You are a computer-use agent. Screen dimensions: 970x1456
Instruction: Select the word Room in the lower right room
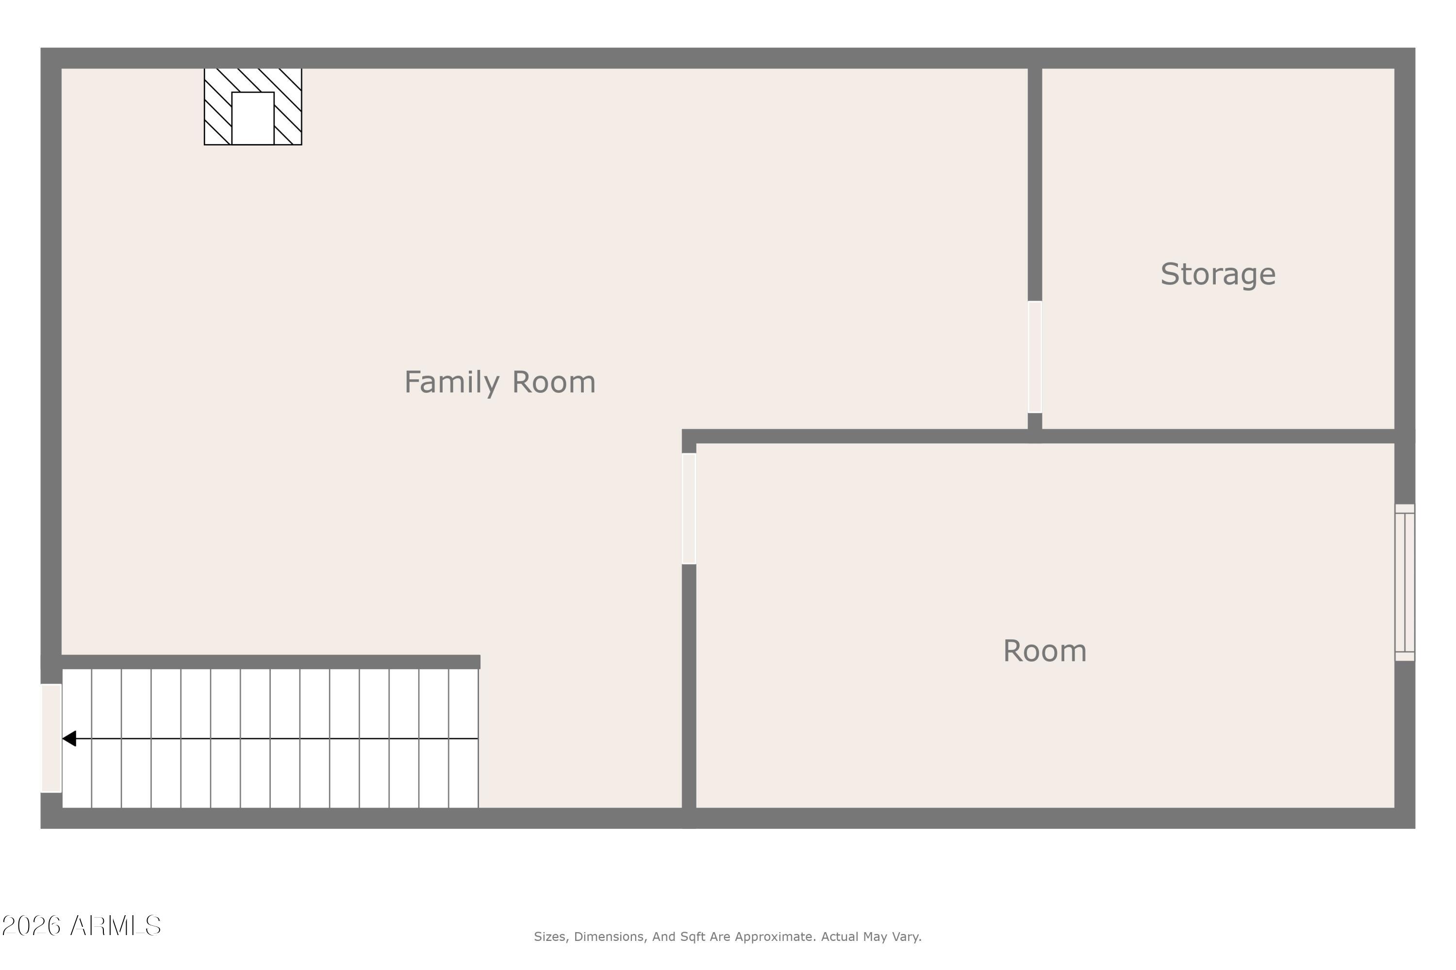[x=1044, y=651]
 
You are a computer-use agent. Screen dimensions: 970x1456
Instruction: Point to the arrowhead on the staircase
[x=69, y=739]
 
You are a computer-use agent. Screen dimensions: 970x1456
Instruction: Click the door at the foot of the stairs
[x=51, y=738]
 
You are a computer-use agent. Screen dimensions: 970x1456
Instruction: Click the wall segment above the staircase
[x=270, y=662]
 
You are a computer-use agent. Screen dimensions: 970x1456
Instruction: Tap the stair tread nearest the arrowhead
[x=77, y=738]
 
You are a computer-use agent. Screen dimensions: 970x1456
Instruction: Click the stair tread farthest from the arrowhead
[x=463, y=738]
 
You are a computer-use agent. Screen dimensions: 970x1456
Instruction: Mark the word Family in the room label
[x=451, y=382]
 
